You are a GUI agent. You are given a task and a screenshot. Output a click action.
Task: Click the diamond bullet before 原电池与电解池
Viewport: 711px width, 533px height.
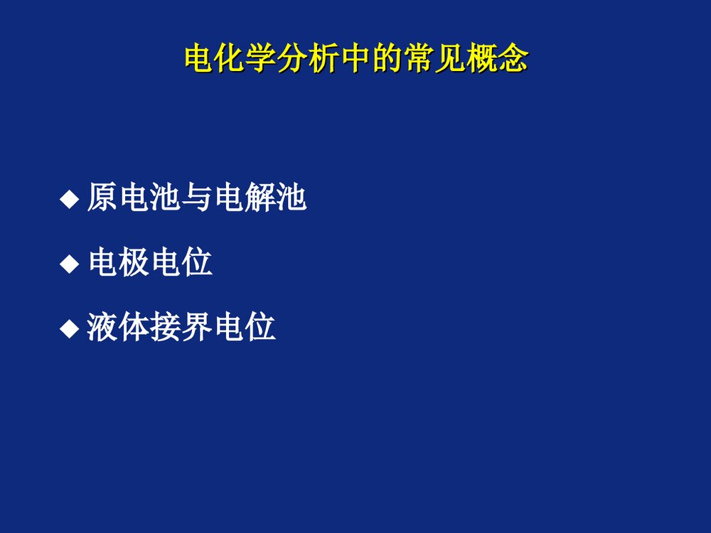coord(69,200)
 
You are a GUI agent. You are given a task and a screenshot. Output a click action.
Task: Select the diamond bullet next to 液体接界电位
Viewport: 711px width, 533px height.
coord(69,329)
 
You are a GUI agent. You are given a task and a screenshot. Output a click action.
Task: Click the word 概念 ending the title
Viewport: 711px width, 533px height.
coord(496,60)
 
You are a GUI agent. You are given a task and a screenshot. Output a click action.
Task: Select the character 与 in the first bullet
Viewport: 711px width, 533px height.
coord(196,198)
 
